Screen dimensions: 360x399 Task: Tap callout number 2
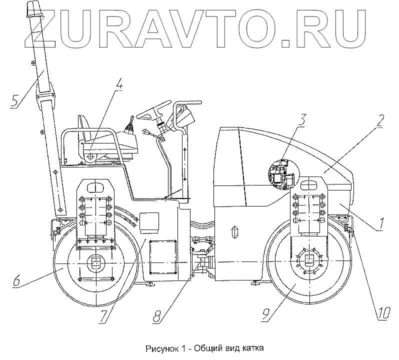coord(380,120)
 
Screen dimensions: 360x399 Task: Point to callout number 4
coord(119,86)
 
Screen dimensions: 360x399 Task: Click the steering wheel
coord(152,112)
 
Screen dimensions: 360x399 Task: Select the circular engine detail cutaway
coord(281,174)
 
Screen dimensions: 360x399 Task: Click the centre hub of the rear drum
coord(94,263)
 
